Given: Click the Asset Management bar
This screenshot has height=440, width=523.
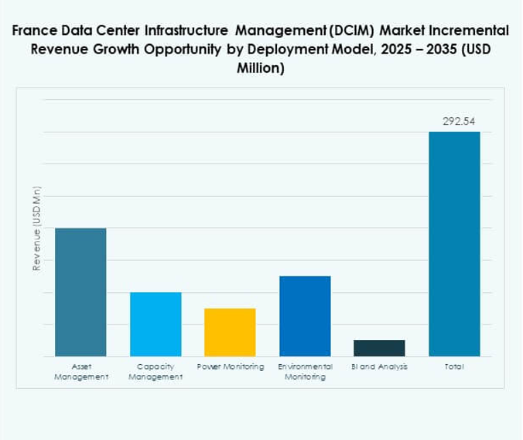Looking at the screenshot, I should (x=80, y=292).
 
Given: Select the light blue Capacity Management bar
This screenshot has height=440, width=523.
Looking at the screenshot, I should (x=156, y=324).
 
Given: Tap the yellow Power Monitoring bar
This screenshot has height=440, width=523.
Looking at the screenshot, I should (x=230, y=332).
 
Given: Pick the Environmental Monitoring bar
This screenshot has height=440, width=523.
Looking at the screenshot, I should (x=305, y=316).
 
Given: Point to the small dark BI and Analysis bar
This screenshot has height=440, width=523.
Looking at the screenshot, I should (x=379, y=348).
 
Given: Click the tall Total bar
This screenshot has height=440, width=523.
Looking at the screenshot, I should (x=454, y=244).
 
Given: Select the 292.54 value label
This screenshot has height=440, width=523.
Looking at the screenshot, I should (x=454, y=122).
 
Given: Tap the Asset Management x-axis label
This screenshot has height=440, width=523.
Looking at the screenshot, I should (x=80, y=371).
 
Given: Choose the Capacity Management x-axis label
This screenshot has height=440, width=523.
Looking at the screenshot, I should (x=156, y=371).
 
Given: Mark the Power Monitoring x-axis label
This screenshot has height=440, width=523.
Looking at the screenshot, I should (x=230, y=366).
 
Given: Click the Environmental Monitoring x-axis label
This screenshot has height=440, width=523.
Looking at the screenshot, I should (x=305, y=371).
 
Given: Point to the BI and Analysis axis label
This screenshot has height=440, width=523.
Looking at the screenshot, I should (x=379, y=366).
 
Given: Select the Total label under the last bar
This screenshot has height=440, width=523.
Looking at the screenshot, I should (x=454, y=366).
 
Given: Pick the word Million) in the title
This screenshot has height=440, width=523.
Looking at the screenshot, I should (x=261, y=67).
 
